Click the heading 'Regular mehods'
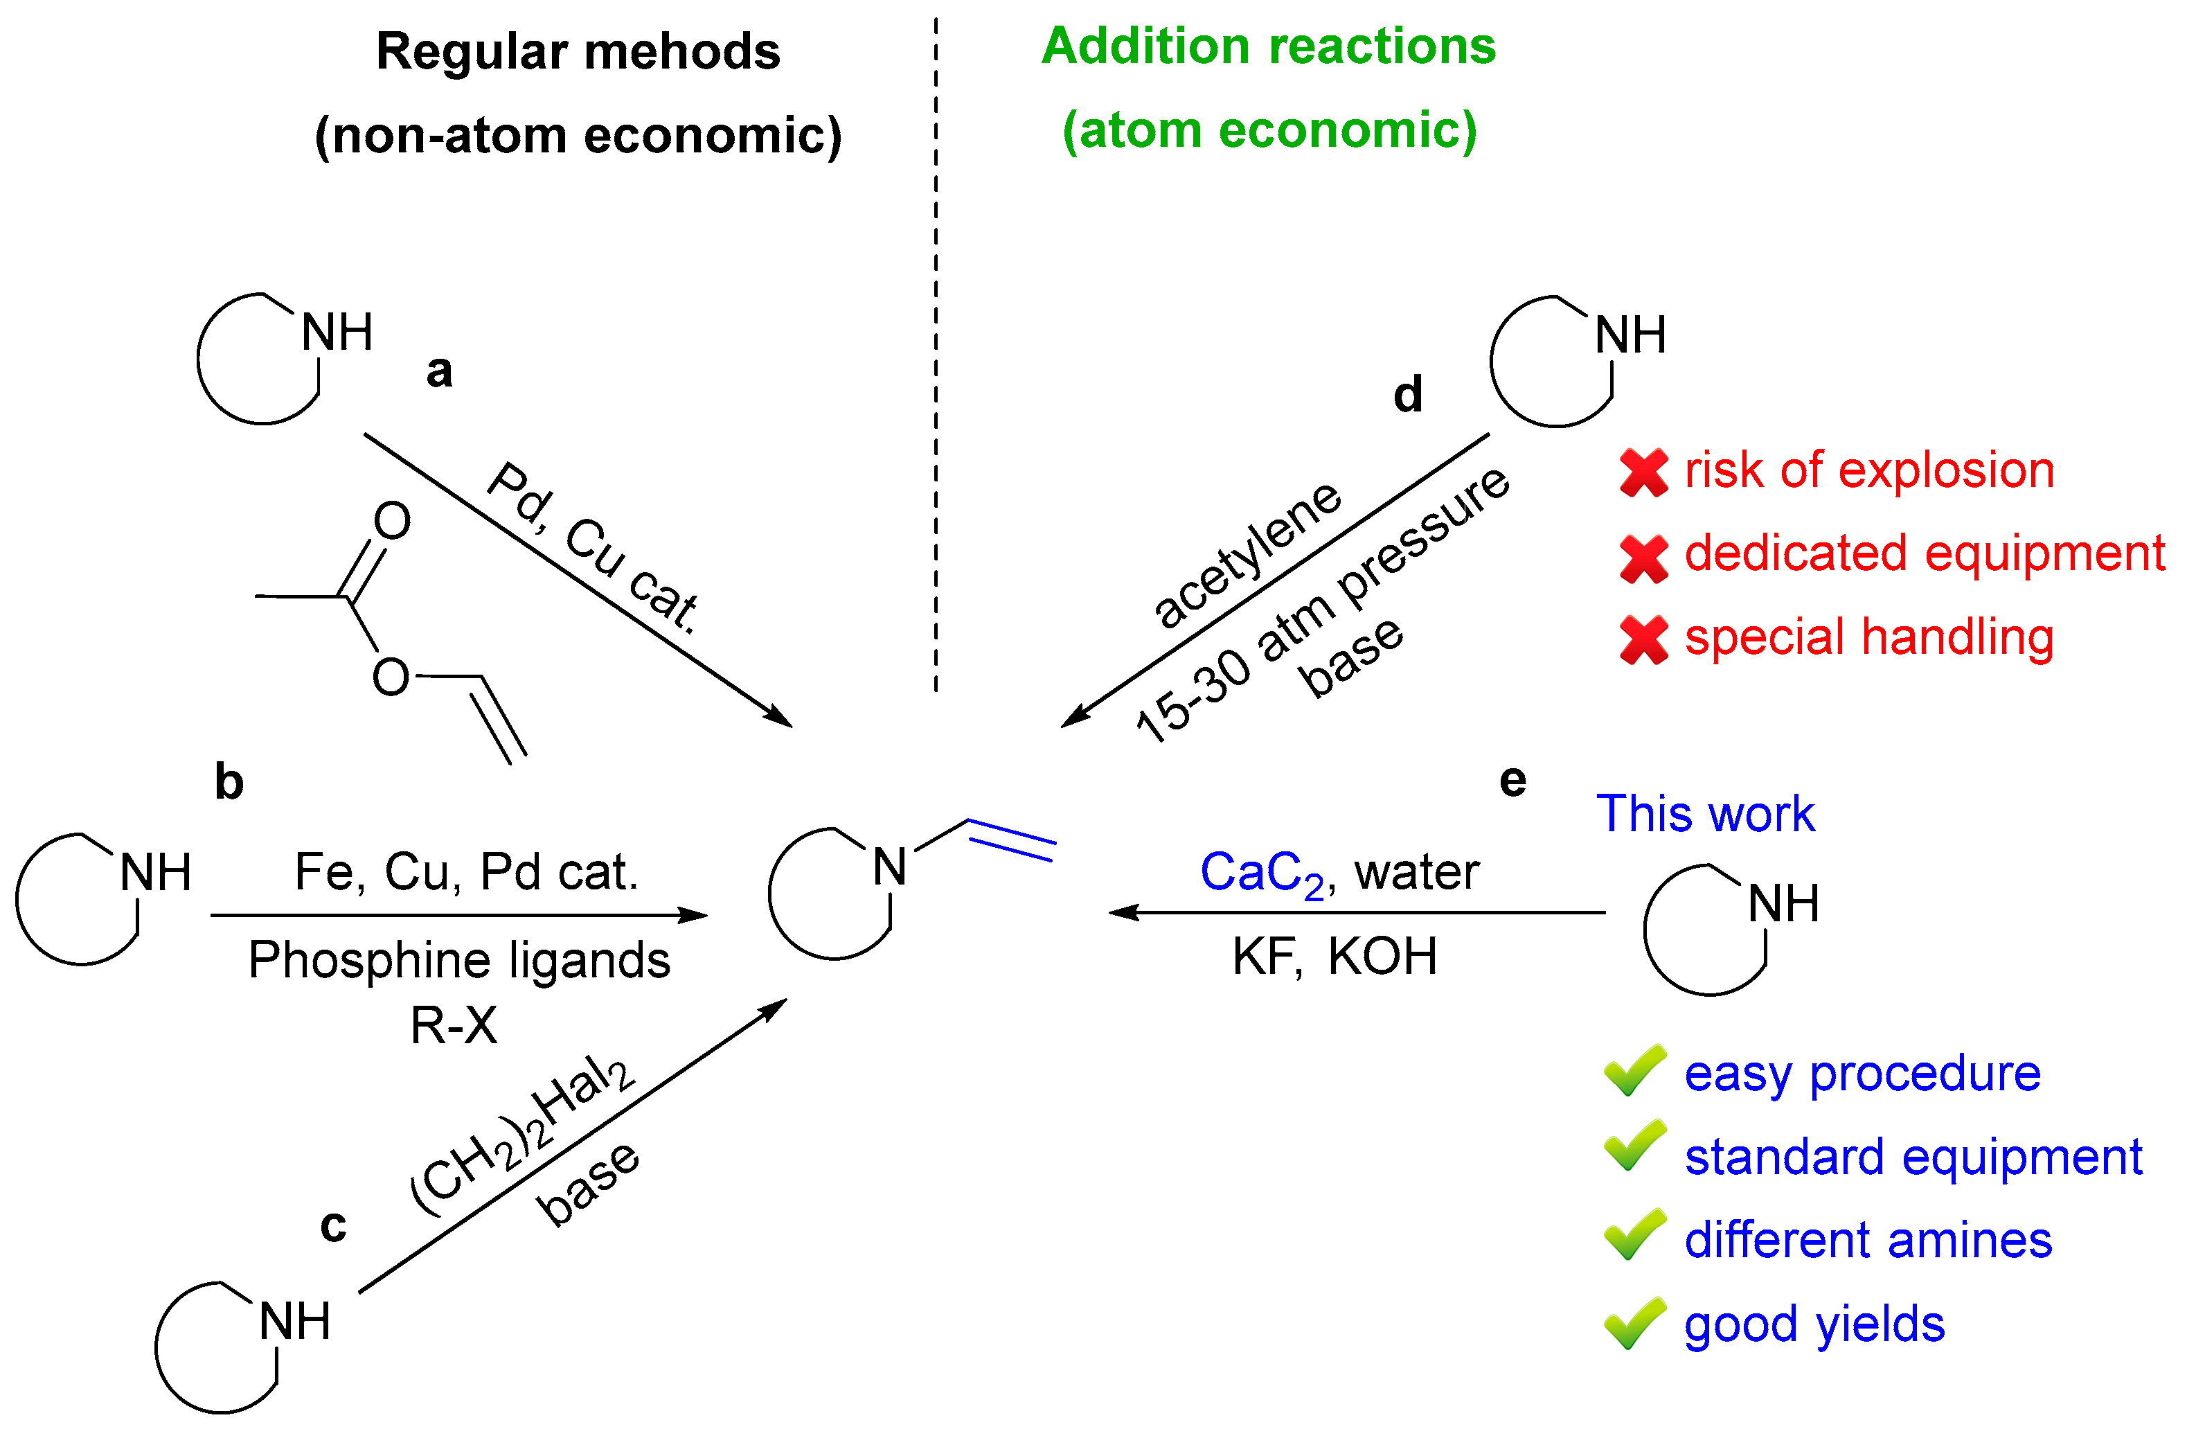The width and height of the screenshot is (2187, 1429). (578, 51)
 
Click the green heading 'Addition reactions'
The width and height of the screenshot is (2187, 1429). (1268, 46)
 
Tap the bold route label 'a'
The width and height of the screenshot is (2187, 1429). (439, 371)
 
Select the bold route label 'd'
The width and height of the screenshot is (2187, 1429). (1408, 394)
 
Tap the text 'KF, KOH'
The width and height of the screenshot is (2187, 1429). (1334, 957)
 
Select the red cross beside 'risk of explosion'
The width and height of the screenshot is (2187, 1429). (1644, 472)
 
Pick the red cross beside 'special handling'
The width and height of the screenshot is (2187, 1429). (1644, 639)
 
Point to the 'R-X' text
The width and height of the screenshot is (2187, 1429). (453, 1026)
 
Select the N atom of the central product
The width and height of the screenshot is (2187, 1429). (889, 867)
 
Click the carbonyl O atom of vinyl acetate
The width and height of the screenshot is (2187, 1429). (393, 521)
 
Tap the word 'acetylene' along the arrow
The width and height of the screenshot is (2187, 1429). (1247, 554)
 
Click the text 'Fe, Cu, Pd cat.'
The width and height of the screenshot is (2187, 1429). (466, 872)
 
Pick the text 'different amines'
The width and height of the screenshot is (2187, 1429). (1867, 1240)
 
